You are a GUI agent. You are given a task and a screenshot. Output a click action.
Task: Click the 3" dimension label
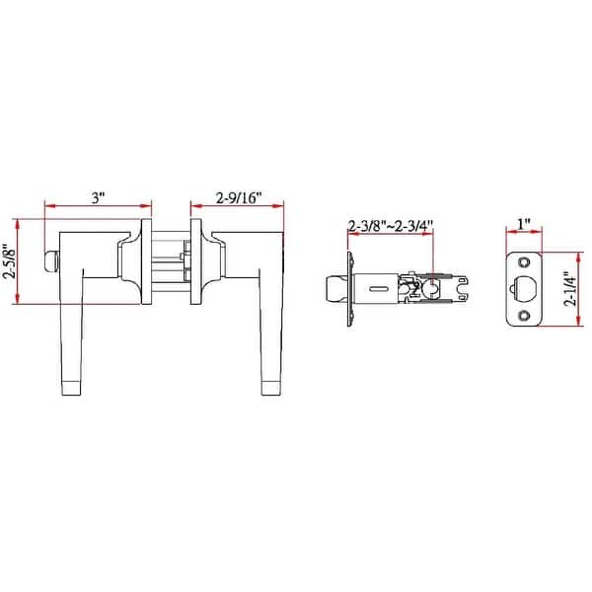(98, 198)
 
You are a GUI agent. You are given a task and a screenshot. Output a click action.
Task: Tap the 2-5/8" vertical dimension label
(11, 262)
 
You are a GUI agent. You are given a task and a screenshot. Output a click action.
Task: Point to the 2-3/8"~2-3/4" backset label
(391, 225)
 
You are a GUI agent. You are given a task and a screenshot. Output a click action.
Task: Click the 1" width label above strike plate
(523, 224)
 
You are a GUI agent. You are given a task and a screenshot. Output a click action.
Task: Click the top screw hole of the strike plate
(524, 262)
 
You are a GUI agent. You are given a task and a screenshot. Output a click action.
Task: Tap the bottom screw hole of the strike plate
(524, 316)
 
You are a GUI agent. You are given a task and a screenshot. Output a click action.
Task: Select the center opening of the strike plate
(526, 289)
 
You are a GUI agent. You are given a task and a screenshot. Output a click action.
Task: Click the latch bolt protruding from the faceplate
(333, 289)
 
